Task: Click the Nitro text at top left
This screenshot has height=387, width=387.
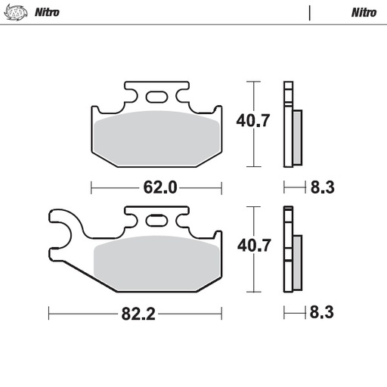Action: pyautogui.click(x=48, y=12)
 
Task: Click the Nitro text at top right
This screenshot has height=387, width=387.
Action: pyautogui.click(x=364, y=12)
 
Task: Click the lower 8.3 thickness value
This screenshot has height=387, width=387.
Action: pyautogui.click(x=322, y=312)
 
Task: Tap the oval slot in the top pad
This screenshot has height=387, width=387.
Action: pyautogui.click(x=157, y=97)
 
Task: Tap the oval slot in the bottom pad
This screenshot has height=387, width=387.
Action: pyautogui.click(x=157, y=221)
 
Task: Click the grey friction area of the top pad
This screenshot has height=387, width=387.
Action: pyautogui.click(x=156, y=136)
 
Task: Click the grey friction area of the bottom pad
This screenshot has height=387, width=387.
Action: pyautogui.click(x=156, y=261)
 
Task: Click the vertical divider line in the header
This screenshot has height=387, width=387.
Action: pyautogui.click(x=310, y=12)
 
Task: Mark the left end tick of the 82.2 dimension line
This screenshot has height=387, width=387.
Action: pyautogui.click(x=48, y=313)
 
